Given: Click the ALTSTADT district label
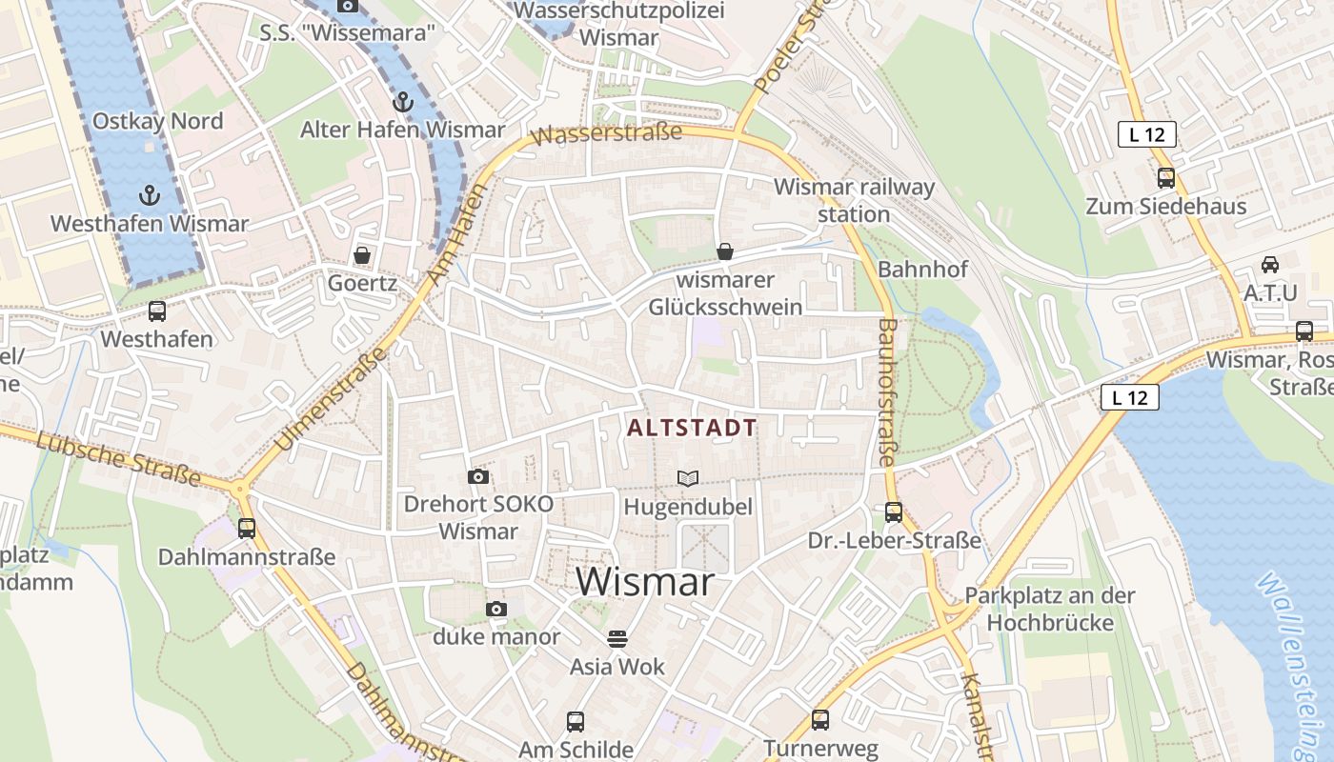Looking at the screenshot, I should point(693,429).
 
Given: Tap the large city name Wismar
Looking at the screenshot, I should point(644,582).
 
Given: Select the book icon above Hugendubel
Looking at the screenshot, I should point(687,477).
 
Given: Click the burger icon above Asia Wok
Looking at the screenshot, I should point(617,638).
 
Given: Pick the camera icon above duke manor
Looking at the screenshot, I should point(495,609).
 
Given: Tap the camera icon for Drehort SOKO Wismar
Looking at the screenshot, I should point(478,476).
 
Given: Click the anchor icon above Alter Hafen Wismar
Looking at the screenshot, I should point(403,102).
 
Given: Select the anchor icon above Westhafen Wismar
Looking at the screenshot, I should point(149,196).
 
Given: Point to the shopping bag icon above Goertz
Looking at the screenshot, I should point(362,255).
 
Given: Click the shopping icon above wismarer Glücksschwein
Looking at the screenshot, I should point(725,251).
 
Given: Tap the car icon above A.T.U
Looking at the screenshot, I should point(1270,265).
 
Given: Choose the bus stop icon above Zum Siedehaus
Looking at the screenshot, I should point(1165,177).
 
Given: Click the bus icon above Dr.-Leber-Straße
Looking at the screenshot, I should point(894,511).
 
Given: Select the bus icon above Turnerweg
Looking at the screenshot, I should point(820,720).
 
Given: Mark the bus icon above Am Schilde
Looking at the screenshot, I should point(576,721).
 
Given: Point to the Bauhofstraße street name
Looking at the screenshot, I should point(887,391).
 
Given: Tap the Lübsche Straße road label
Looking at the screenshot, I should point(119,458).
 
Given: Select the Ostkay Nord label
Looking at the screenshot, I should point(158,121).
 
